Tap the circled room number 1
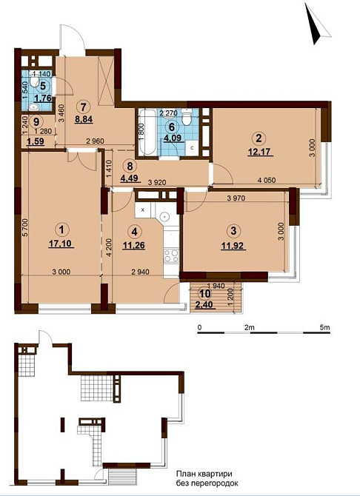[61, 229]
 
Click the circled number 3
[233, 230]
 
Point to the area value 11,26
[134, 245]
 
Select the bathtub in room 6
[147, 133]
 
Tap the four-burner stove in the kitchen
[171, 255]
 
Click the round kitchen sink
[165, 217]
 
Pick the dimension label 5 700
[25, 228]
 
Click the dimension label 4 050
[267, 181]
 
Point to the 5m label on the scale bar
[325, 328]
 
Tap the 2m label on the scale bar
[250, 328]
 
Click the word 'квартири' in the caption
[216, 475]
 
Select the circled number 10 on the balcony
[205, 294]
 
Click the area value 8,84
[83, 119]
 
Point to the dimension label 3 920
[157, 183]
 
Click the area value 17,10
[61, 244]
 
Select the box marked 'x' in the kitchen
[142, 210]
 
